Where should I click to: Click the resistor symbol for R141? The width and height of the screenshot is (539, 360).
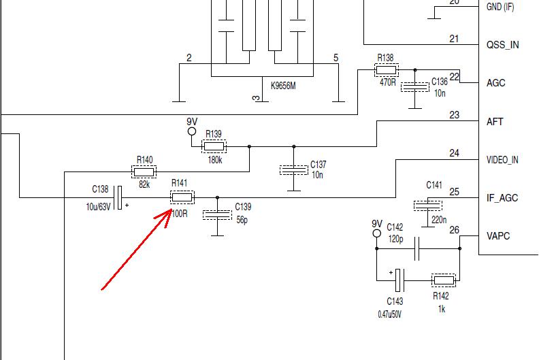coord(182,198)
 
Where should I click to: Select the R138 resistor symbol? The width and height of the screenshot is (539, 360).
coord(386,69)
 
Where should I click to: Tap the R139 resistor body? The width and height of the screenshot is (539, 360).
coord(214,146)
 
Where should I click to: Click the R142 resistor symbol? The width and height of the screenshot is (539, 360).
coord(444,280)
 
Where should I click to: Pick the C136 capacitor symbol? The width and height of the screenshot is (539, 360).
coord(414,87)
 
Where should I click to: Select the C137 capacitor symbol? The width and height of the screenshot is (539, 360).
coord(294,170)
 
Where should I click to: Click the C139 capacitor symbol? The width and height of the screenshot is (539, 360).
coord(217,214)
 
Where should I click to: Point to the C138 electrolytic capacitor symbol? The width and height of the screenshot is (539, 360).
coord(119,198)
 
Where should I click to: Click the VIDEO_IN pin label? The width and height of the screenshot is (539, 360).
coord(502,161)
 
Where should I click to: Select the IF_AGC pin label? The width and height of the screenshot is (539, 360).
coord(502,198)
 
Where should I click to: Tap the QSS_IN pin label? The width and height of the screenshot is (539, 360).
coord(502,45)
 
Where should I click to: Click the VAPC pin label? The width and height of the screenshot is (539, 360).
coord(499,236)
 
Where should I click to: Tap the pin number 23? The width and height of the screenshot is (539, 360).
coord(454,115)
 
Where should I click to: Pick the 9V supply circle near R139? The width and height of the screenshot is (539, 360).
coord(191,132)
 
